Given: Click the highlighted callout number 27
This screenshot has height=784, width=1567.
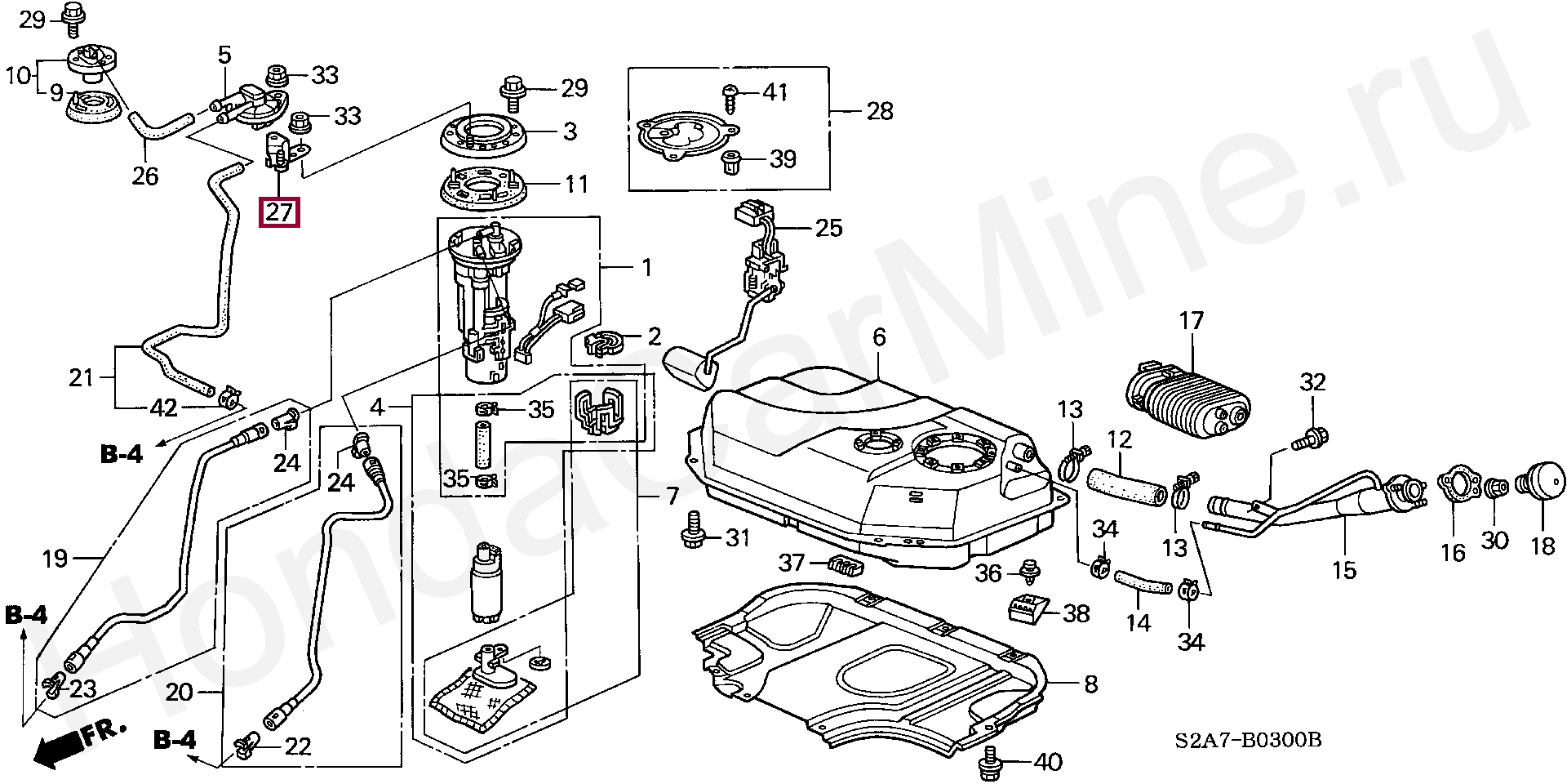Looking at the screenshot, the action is [279, 212].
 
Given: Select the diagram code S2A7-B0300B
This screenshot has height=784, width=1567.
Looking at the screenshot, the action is [1248, 740].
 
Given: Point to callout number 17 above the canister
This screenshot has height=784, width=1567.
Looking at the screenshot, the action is [1192, 320].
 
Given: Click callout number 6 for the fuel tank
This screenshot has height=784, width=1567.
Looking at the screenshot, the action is [878, 336].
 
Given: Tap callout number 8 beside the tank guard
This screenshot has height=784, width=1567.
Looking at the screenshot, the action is [1090, 684].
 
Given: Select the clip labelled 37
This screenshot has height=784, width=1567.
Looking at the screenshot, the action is [846, 564].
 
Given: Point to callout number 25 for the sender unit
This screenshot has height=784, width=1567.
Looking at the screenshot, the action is [828, 227].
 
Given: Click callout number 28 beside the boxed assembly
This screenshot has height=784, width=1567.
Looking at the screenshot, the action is [879, 110].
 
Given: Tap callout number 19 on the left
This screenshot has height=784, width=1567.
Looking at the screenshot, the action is [55, 559].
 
